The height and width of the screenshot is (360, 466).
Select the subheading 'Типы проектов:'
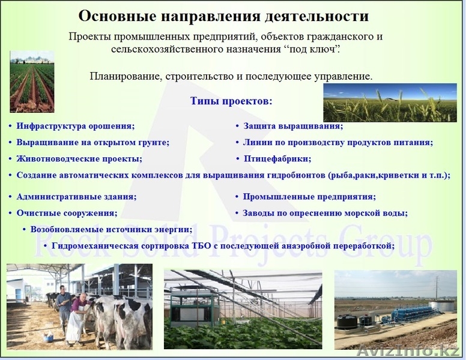click(231, 101)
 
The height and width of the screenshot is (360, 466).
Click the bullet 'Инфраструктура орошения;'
click(76, 127)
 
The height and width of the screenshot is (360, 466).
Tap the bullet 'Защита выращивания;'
click(293, 127)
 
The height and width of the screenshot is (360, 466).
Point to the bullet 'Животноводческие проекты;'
click(79, 159)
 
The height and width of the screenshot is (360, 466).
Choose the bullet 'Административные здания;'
click(76, 197)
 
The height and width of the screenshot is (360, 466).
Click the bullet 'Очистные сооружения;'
click(67, 213)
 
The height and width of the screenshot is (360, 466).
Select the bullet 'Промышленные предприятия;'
click(309, 197)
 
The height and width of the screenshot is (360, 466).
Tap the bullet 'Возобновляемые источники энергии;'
click(111, 229)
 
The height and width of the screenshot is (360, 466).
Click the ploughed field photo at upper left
click(32, 82)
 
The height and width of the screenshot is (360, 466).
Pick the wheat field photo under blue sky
click(390, 103)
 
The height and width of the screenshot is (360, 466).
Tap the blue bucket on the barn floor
click(49, 337)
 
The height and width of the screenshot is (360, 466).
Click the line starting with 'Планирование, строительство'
click(231, 77)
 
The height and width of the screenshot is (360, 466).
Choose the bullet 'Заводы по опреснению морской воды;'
click(325, 213)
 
